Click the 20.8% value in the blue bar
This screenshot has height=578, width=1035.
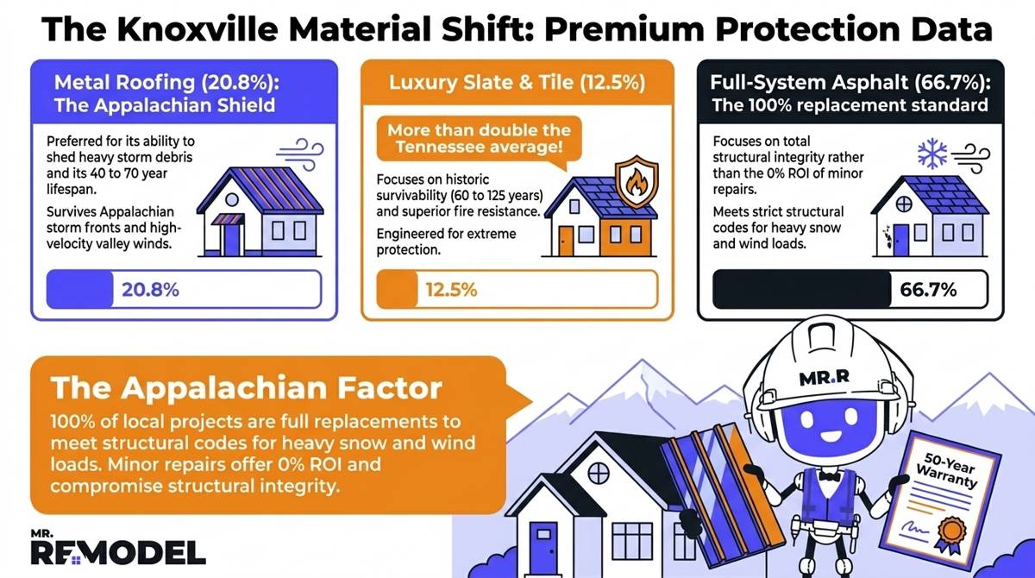150,290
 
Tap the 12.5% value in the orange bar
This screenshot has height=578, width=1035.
451,290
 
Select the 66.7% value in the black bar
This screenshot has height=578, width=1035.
930,290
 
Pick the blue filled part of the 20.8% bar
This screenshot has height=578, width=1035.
80,290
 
